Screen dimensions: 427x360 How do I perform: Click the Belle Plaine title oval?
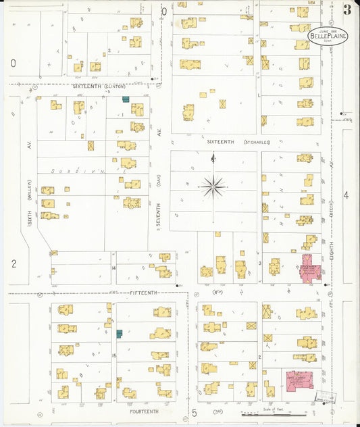point(328,34)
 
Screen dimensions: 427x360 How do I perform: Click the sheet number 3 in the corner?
point(346,9)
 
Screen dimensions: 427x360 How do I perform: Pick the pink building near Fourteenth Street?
point(300,380)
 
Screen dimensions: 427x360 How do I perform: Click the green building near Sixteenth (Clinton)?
point(126,99)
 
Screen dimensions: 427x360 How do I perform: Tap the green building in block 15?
point(120,333)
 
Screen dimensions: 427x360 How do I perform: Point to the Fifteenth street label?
point(143,292)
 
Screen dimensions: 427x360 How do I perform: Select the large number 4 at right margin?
point(346,195)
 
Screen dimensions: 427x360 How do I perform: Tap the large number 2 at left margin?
point(13,263)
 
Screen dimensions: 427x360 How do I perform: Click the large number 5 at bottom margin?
point(193,411)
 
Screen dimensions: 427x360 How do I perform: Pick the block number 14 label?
point(114,268)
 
